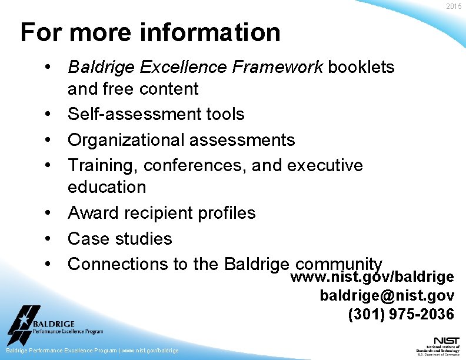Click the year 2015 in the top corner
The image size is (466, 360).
pyautogui.click(x=454, y=6)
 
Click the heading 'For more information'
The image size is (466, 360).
pyautogui.click(x=150, y=32)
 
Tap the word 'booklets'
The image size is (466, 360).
pyautogui.click(x=361, y=68)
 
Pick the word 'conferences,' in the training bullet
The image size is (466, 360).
pyautogui.click(x=195, y=166)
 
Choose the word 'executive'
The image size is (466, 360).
pyautogui.click(x=325, y=166)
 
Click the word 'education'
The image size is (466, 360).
pyautogui.click(x=106, y=187)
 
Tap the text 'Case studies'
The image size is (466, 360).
pyautogui.click(x=120, y=239)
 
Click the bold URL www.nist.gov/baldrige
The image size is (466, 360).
pyautogui.click(x=372, y=277)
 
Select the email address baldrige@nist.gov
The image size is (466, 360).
pyautogui.click(x=387, y=295)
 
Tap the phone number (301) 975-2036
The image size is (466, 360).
pyautogui.click(x=401, y=314)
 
